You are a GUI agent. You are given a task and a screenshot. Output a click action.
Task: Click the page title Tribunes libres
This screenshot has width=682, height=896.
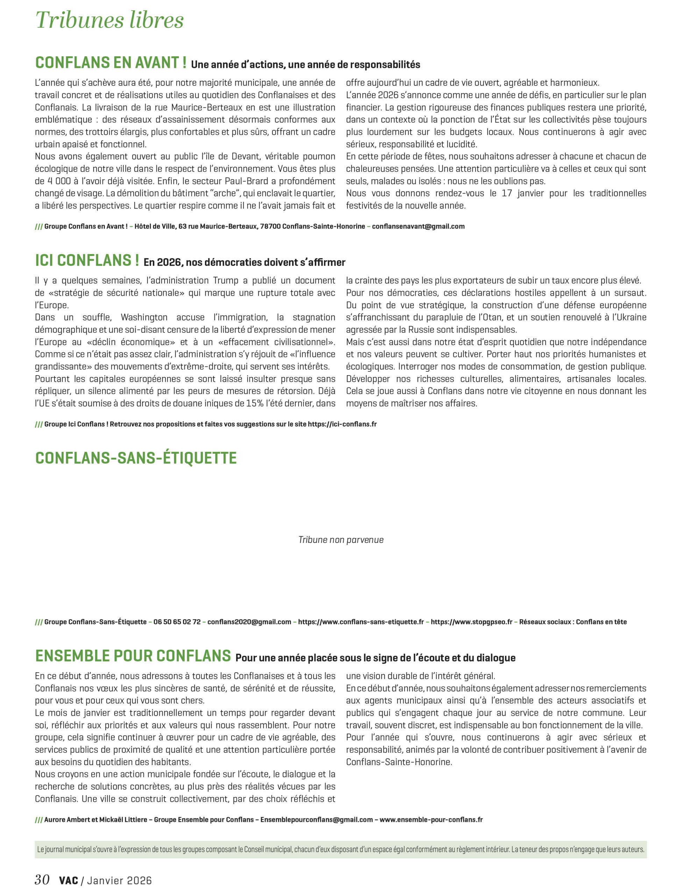[x=109, y=20]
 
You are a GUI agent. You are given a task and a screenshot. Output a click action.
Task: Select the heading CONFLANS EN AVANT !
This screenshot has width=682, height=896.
[x=111, y=63]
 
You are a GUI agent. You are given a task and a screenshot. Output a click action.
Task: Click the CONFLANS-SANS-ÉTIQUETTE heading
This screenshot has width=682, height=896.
[x=136, y=458]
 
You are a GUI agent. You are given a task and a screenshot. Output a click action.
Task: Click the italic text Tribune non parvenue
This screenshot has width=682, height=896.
[x=341, y=540]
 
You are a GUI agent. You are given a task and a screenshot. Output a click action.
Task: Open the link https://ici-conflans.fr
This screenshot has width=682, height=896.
[x=342, y=424]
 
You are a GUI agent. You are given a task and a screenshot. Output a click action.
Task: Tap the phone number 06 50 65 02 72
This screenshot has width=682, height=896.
[x=177, y=622]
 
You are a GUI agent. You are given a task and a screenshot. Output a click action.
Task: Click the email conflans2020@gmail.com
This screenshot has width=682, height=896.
[x=249, y=622]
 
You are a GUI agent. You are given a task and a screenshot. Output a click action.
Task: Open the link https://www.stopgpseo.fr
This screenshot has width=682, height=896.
[x=471, y=622]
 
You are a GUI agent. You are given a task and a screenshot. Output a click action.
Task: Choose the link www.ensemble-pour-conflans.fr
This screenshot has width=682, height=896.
[x=431, y=820]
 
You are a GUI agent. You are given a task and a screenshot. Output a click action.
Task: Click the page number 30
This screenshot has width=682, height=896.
[x=42, y=880]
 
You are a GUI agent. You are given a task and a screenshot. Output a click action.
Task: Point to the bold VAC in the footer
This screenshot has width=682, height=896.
[x=69, y=881]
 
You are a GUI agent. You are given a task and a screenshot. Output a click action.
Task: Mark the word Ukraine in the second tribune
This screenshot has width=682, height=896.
[x=631, y=317]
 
